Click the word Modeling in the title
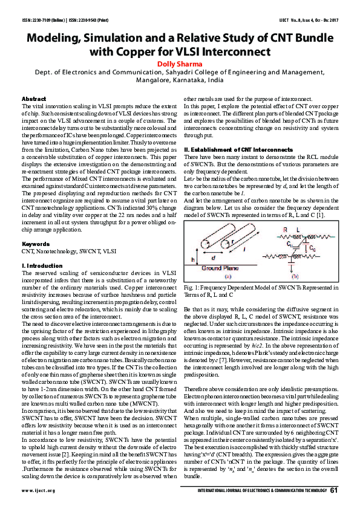click(x=53, y=37)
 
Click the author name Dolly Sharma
click(x=180, y=63)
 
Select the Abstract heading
click(x=33, y=99)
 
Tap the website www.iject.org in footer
click(x=39, y=490)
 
